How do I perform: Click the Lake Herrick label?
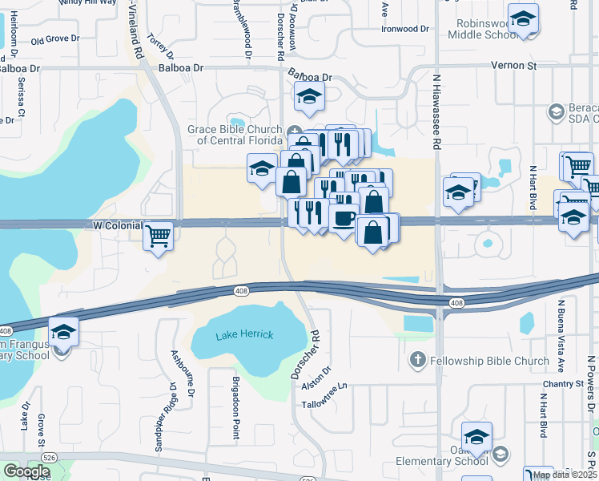[x=244, y=334]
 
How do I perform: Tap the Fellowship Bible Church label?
[x=490, y=361]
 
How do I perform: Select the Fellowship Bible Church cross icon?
[x=416, y=361]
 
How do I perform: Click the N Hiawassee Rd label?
[x=437, y=112]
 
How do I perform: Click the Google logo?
[x=26, y=471]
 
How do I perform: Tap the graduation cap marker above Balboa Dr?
[x=309, y=96]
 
